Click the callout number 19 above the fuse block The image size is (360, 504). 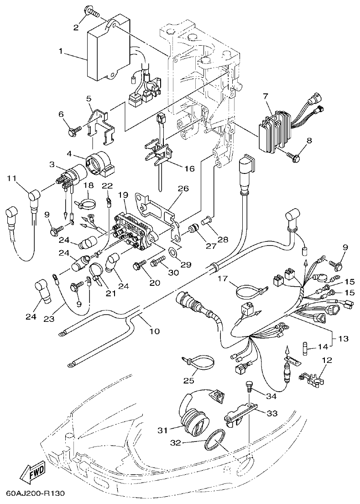[122, 194]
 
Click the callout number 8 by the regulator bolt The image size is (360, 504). [309, 141]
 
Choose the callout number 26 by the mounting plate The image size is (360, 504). [183, 188]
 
